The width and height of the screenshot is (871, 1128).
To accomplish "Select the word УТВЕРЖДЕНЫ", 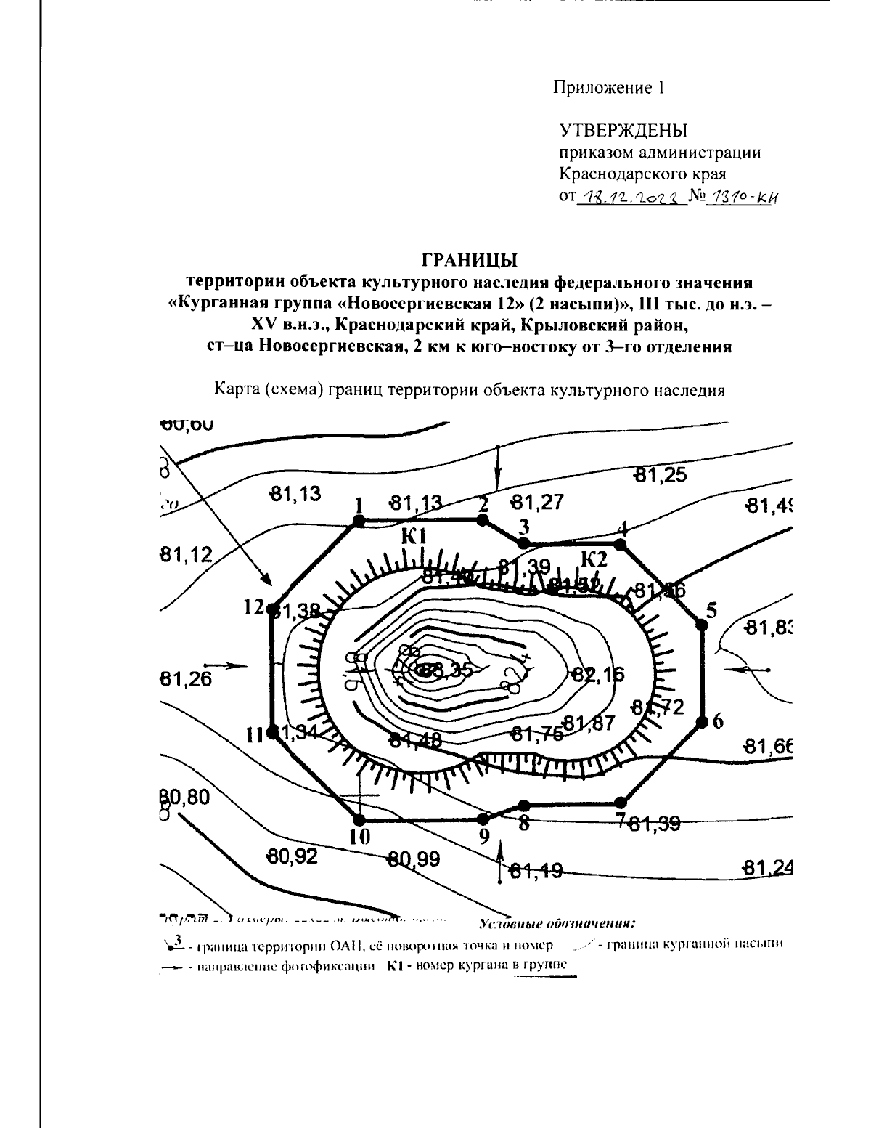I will tap(623, 131).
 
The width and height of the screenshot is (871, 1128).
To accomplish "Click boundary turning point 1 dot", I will tap(357, 521).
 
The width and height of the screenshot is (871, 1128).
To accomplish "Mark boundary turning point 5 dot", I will tap(701, 624).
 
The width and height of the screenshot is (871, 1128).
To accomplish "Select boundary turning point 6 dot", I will tap(702, 721).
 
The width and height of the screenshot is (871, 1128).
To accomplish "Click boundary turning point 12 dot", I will tap(274, 609).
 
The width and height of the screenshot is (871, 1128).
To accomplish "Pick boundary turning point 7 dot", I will tap(620, 803).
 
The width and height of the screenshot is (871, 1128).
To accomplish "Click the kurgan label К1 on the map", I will tap(414, 537).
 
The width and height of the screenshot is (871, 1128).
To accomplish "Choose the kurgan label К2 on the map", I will tap(594, 559).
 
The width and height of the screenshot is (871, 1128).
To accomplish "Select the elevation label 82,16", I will tap(597, 674).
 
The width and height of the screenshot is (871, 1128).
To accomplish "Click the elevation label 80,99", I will tap(412, 860).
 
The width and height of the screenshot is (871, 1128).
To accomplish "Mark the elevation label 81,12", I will tap(186, 556).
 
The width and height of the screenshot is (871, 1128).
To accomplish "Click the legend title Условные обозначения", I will tap(557, 925).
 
